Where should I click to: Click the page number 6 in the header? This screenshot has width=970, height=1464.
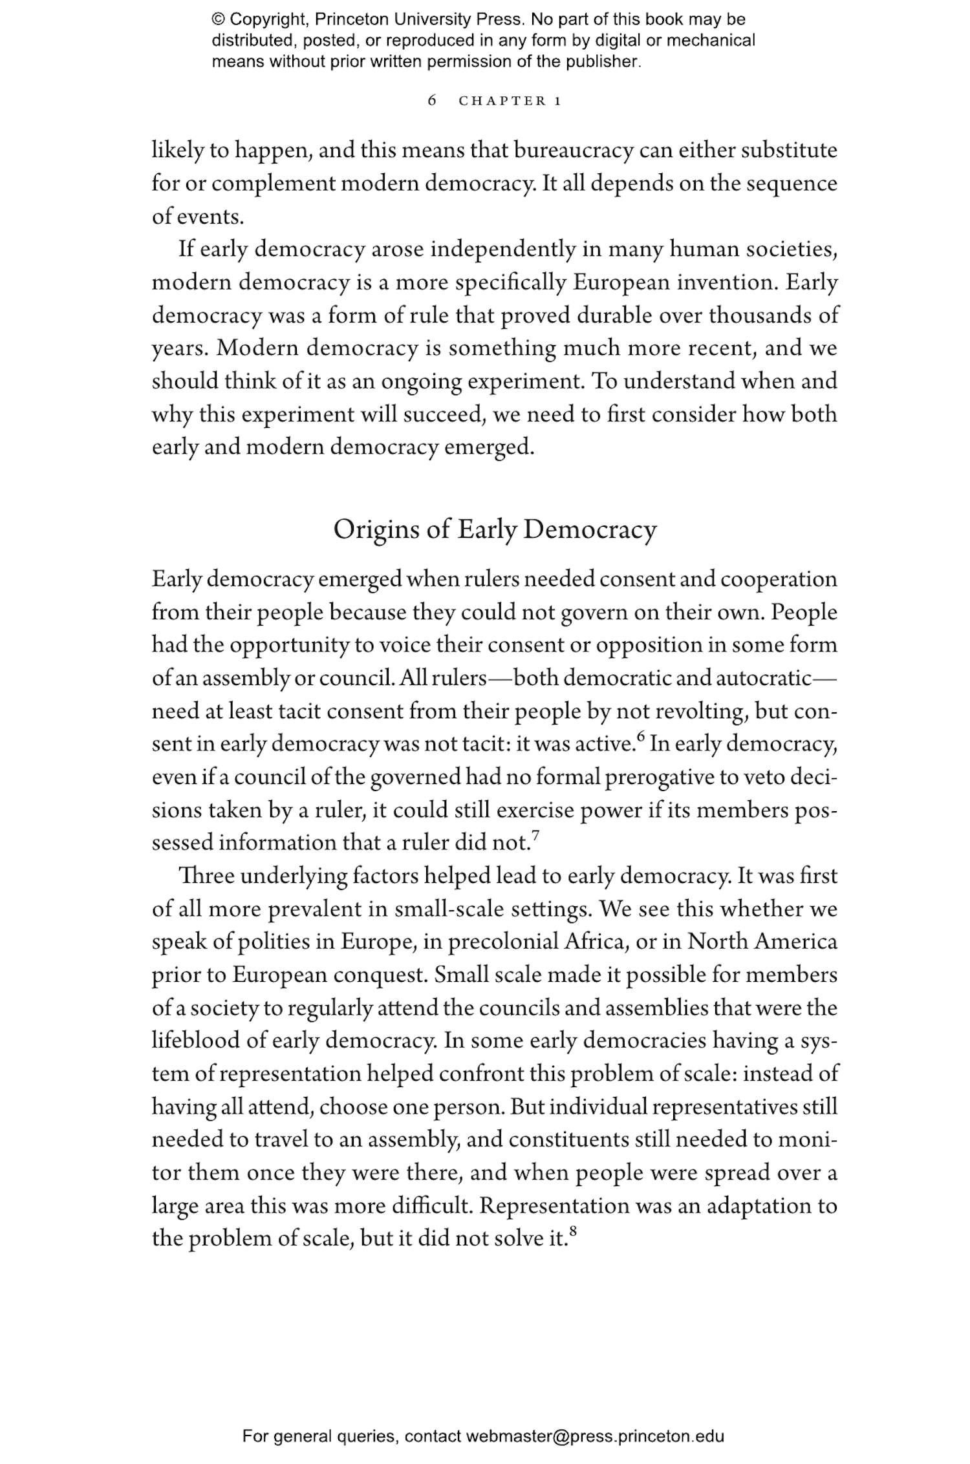pyautogui.click(x=432, y=101)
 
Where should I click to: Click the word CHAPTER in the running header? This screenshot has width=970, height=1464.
pyautogui.click(x=502, y=101)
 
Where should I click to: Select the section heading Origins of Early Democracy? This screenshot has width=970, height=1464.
pyautogui.click(x=495, y=529)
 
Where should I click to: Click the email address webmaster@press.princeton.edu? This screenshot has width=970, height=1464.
pyautogui.click(x=594, y=1436)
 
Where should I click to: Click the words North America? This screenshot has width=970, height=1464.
pyautogui.click(x=762, y=942)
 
